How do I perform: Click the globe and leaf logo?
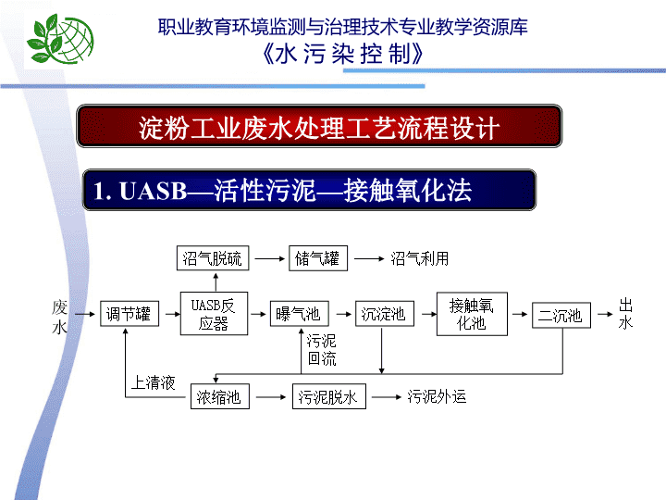click(60, 39)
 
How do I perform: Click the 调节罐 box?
click(129, 314)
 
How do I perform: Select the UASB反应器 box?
click(214, 314)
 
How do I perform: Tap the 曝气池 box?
click(300, 314)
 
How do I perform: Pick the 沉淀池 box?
click(385, 314)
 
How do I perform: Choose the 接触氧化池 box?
click(472, 314)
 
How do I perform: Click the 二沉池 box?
click(561, 315)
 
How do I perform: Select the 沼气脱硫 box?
click(213, 258)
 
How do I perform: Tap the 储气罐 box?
click(318, 258)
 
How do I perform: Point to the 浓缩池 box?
click(220, 396)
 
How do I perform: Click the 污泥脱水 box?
click(328, 396)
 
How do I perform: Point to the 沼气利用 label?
click(420, 258)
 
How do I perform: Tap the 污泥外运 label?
click(437, 396)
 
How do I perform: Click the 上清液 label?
click(154, 382)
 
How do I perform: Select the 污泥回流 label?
click(322, 350)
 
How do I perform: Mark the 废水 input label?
click(59, 317)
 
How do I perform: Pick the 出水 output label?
click(625, 314)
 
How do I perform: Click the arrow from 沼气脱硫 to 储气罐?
click(270, 258)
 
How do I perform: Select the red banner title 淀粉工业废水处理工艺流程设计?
click(319, 128)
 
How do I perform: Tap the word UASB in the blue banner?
click(154, 191)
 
